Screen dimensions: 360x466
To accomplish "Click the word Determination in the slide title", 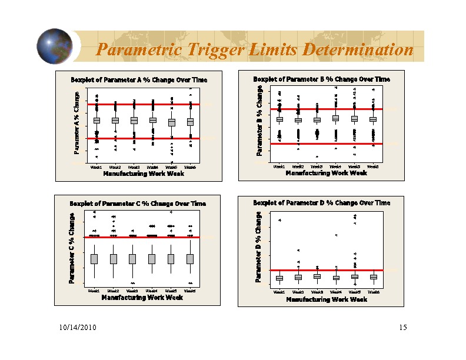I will pos(357,50).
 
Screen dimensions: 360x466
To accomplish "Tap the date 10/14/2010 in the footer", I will pos(78,327).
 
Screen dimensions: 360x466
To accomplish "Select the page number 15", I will pos(402,327).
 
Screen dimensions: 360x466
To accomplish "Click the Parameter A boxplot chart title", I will pos(139,79).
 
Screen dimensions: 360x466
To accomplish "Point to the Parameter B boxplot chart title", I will pos(321,79).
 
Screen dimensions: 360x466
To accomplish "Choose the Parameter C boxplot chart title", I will pos(138,204).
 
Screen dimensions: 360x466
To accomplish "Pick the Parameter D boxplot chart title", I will pos(321,203).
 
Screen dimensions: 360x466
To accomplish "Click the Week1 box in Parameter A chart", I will pos(96,121).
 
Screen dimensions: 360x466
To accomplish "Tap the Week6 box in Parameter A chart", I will pos(190,122).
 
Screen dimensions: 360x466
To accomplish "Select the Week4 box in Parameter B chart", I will pos(335,118).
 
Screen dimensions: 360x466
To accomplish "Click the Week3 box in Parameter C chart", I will pos(132,259).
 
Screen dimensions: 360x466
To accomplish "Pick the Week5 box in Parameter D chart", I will pos(355,276).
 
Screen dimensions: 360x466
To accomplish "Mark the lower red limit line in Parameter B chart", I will pos(327,144).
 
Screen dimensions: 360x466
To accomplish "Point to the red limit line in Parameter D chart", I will pos(327,270).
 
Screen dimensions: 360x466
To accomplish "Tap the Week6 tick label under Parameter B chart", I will pos(372,166).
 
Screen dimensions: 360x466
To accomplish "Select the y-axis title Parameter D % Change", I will pos(258,247).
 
